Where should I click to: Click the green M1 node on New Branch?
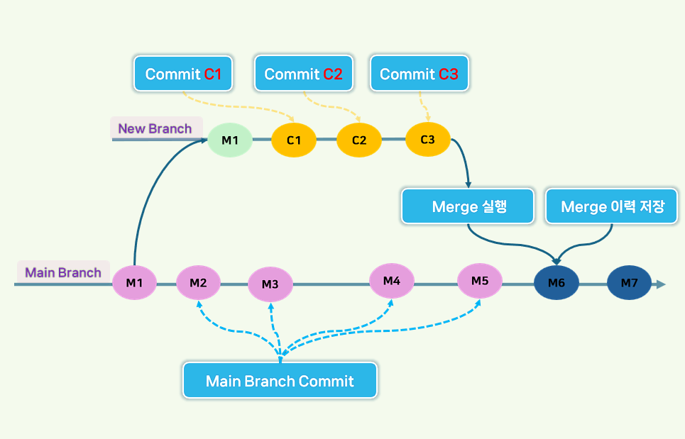pos(230,140)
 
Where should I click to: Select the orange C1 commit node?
pos(294,140)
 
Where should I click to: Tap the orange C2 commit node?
pos(359,140)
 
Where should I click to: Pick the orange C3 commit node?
pos(428,139)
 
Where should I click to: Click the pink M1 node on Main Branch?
pos(134,283)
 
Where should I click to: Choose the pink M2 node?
pos(198,283)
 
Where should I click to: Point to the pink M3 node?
pos(270,284)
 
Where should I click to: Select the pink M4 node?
pos(392,281)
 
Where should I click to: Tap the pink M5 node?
pos(480,280)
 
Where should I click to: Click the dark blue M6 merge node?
pos(557,284)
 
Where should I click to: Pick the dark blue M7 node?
pos(630,284)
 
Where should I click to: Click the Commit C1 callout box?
pos(183,74)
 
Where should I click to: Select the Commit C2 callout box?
pos(303,74)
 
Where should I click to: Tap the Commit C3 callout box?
pos(419,74)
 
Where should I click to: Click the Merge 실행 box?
pos(468,206)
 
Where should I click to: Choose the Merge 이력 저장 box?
pos(612,206)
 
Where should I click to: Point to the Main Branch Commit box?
pos(280,381)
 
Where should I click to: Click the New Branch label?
pos(155,128)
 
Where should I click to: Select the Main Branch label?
pos(63,272)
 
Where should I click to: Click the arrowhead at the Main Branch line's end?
pos(661,284)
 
